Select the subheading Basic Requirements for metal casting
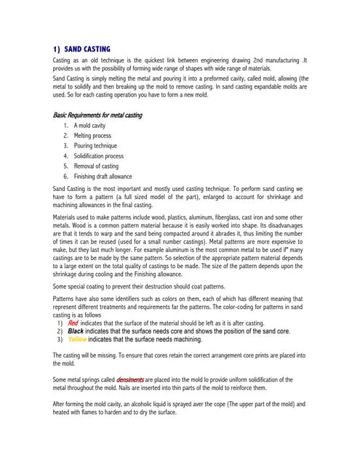97,116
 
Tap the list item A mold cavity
90,126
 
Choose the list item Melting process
92,136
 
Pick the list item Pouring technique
95,146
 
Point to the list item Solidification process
99,156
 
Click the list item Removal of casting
96,166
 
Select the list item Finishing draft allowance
103,177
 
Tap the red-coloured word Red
73,323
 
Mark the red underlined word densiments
129,380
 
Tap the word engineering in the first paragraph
201,60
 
